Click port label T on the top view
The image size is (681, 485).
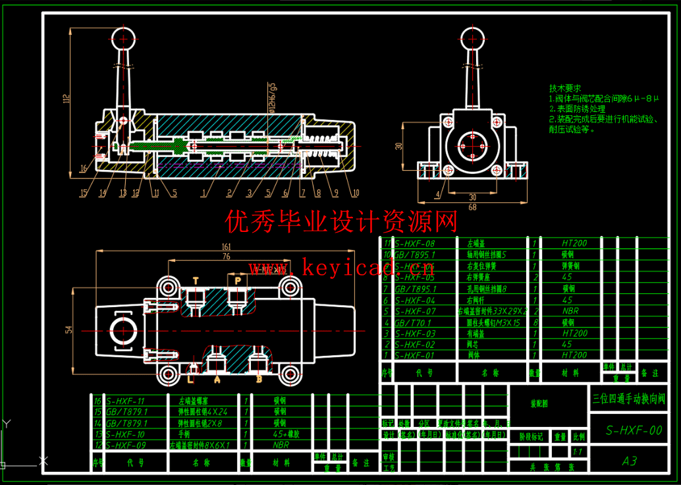pos(195,281)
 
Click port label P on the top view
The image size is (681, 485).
pos(236,281)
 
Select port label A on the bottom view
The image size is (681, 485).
pos(217,380)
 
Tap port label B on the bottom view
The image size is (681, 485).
pos(259,380)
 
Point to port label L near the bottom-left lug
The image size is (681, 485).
pos(191,380)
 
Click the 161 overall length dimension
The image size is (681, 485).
pos(227,247)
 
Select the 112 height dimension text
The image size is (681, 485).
pos(65,99)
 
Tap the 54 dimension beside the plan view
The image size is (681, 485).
pos(68,329)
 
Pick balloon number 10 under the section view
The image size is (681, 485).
pos(356,193)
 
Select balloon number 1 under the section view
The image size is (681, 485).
pos(205,193)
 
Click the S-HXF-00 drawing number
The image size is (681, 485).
pos(634,431)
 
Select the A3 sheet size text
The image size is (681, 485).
pos(630,461)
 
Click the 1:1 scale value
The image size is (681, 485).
pos(579,452)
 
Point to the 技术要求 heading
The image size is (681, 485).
pos(565,88)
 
